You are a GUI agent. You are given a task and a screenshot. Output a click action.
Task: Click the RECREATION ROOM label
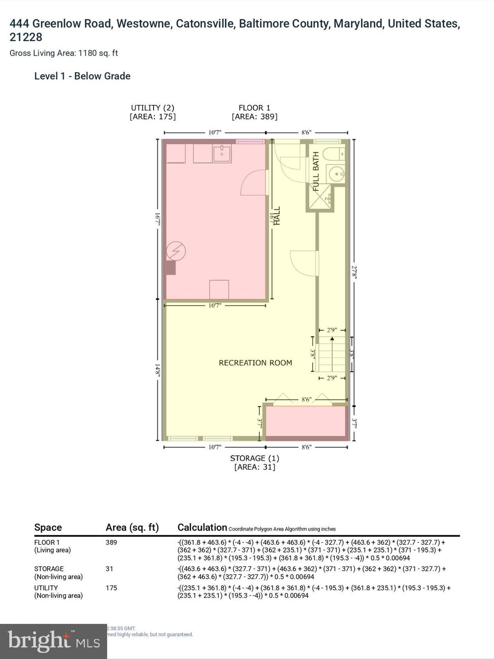[x=255, y=363]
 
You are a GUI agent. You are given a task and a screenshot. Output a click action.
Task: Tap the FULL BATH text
[x=316, y=171]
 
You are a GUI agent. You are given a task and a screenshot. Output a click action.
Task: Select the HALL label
[x=277, y=216]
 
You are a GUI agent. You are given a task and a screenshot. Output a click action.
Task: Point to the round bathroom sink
[x=337, y=174]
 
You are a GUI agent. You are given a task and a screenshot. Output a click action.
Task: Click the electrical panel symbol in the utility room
[x=176, y=251]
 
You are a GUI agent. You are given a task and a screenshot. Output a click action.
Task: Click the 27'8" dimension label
[x=354, y=272]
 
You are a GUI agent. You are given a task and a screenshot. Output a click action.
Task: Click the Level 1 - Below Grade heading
[x=82, y=76]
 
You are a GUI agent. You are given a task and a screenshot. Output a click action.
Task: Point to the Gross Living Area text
[x=63, y=53]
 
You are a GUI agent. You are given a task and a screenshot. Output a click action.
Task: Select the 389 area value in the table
[x=111, y=542]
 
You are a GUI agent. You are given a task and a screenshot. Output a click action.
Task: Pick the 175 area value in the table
[x=111, y=588]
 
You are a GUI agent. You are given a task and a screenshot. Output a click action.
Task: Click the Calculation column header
[x=202, y=527]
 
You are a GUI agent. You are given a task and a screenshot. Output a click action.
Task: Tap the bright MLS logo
[x=53, y=641]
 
